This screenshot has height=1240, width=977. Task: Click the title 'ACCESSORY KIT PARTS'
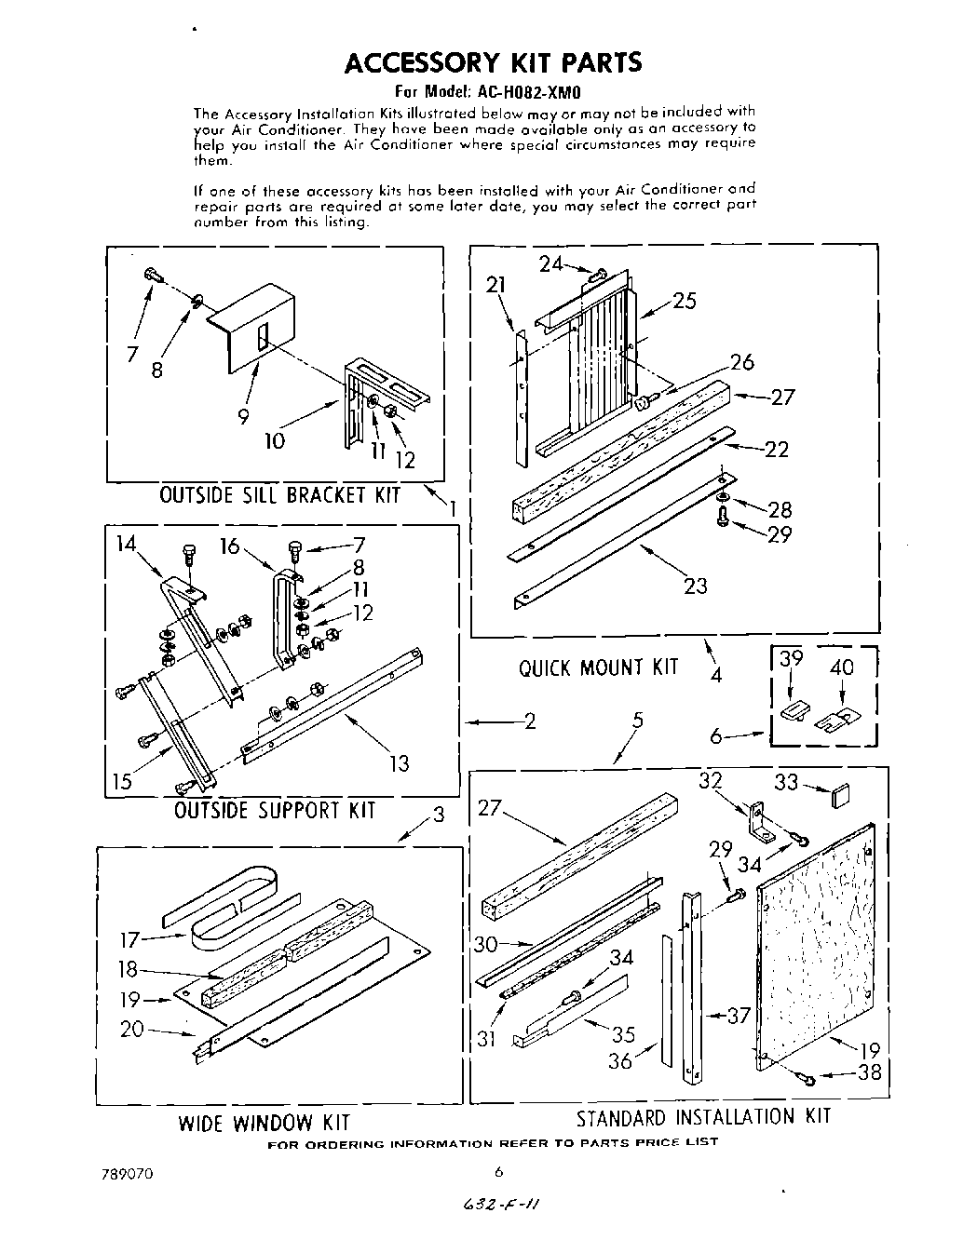pyautogui.click(x=493, y=62)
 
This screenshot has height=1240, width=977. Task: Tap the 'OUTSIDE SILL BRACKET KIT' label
pyautogui.click(x=279, y=494)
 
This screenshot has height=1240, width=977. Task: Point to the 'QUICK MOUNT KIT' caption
pyautogui.click(x=599, y=667)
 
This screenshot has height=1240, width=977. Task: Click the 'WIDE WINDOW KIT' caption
pyautogui.click(x=264, y=1122)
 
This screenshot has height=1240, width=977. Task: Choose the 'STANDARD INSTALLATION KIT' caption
pyautogui.click(x=702, y=1116)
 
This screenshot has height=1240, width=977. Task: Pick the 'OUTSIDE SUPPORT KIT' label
pyautogui.click(x=275, y=810)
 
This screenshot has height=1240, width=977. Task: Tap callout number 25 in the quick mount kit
pyautogui.click(x=684, y=301)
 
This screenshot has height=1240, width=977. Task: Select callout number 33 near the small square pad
pyautogui.click(x=786, y=784)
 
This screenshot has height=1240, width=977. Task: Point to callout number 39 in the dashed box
pyautogui.click(x=791, y=659)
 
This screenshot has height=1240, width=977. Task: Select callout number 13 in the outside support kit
pyautogui.click(x=399, y=763)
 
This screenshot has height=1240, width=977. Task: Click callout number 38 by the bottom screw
pyautogui.click(x=869, y=1072)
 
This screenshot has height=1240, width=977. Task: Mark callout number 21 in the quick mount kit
pyautogui.click(x=495, y=285)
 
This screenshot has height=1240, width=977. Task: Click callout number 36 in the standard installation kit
pyautogui.click(x=620, y=1059)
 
